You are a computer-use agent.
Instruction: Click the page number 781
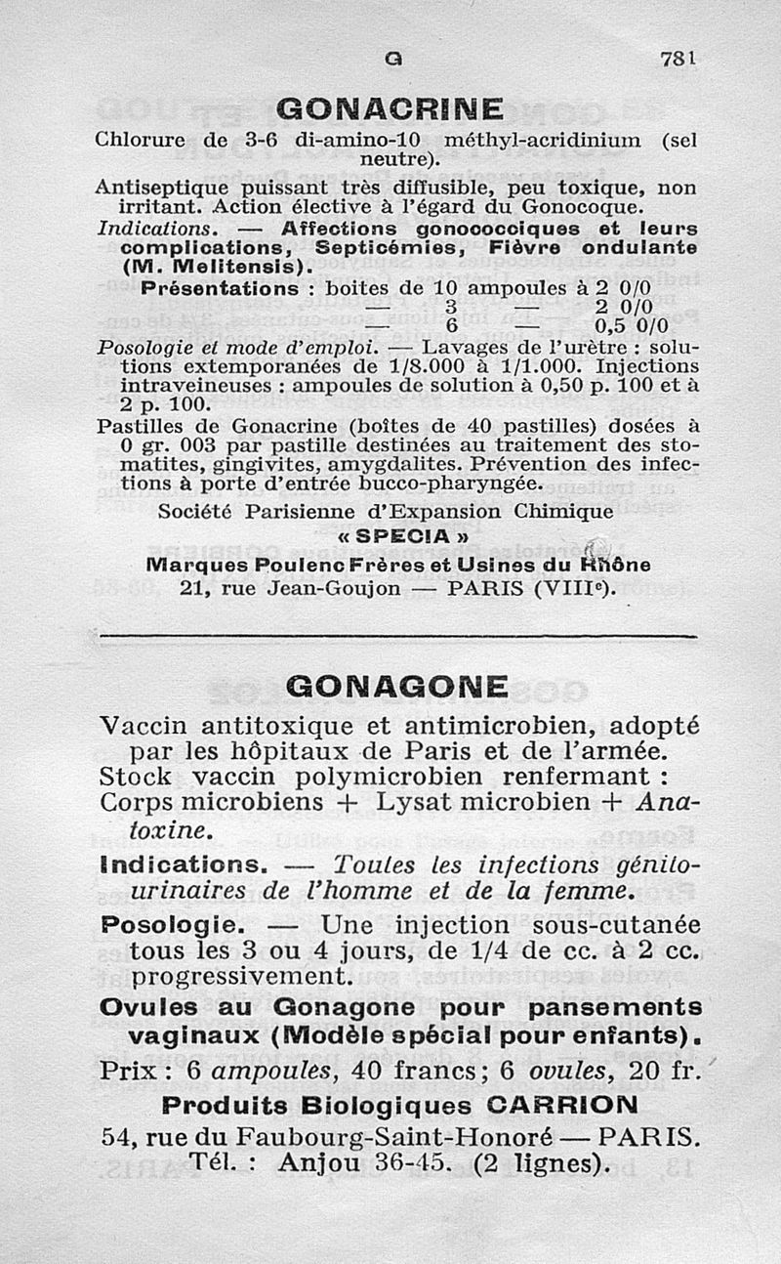pos(676,59)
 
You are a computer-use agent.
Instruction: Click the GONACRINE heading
pos(390,107)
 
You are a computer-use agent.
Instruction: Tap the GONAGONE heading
pos(397,687)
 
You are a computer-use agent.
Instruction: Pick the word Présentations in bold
pos(220,289)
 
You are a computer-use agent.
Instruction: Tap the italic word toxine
pos(154,830)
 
